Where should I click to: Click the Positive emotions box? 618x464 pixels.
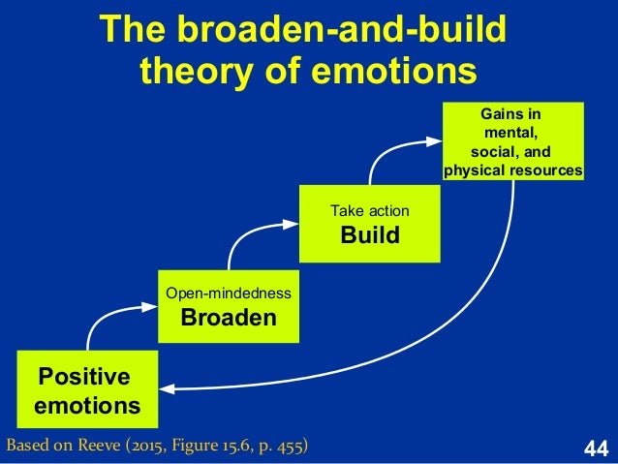[x=87, y=390]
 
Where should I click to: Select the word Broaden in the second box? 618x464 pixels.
[x=230, y=319]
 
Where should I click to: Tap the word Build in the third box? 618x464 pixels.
[x=370, y=235]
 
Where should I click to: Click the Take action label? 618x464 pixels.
[x=370, y=209]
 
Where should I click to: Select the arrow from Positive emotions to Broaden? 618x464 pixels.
[x=111, y=315]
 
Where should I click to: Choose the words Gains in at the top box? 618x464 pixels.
[x=513, y=112]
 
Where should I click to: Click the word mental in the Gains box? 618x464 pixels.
[x=510, y=132]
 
